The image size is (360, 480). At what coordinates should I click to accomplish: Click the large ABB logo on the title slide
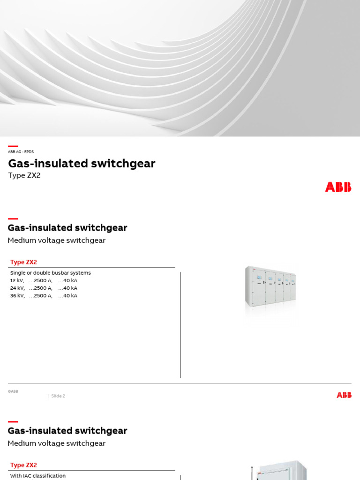pyautogui.click(x=338, y=187)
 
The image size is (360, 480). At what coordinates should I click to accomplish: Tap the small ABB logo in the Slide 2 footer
pyautogui.click(x=344, y=395)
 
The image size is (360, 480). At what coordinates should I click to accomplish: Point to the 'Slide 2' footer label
pyautogui.click(x=58, y=396)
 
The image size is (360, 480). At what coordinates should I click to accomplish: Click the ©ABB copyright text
pyautogui.click(x=13, y=391)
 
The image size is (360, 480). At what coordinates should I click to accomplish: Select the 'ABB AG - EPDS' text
pyautogui.click(x=21, y=152)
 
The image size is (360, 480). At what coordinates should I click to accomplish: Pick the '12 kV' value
pyautogui.click(x=17, y=280)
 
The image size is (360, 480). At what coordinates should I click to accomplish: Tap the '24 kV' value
pyautogui.click(x=17, y=288)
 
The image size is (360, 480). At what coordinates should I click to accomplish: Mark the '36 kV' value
pyautogui.click(x=17, y=296)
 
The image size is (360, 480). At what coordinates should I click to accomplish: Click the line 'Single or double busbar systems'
pyautogui.click(x=50, y=273)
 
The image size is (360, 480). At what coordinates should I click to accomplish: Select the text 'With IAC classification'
pyautogui.click(x=38, y=476)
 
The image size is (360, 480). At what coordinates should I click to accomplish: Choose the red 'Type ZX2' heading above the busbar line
pyautogui.click(x=23, y=262)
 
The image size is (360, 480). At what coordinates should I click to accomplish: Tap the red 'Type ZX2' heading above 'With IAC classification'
pyautogui.click(x=23, y=465)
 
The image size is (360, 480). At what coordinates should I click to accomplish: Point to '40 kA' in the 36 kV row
pyautogui.click(x=69, y=296)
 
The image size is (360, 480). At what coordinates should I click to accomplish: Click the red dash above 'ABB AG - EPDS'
pyautogui.click(x=13, y=146)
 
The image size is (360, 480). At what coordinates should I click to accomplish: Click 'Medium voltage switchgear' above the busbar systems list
pyautogui.click(x=57, y=240)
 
